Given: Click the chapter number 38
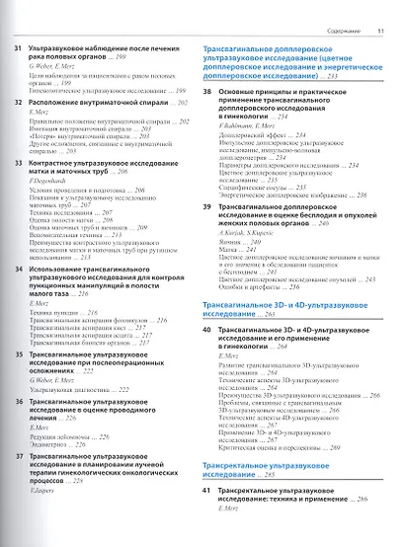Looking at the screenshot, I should pos(206,117).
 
